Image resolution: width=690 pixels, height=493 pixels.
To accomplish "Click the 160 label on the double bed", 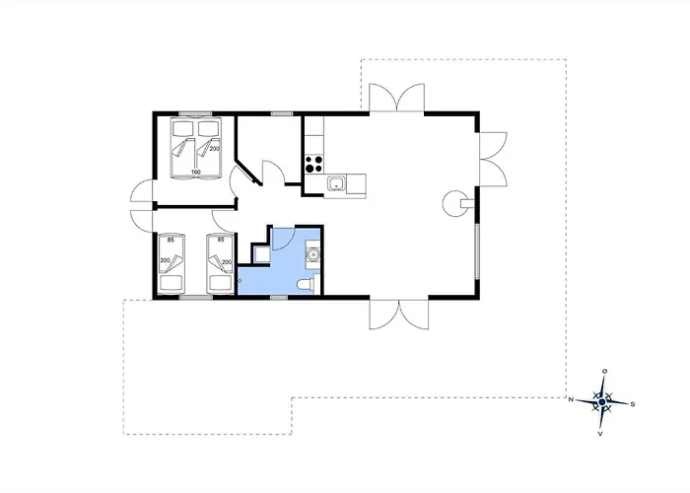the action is pos(196,172).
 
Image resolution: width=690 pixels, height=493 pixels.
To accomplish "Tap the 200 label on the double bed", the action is pos(214,149).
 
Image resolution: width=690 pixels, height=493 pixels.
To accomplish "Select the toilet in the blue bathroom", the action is pos(308,284).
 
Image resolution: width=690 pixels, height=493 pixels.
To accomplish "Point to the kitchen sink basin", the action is pos(337,182).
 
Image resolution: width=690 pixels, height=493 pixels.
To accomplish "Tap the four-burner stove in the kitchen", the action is pos(314,165).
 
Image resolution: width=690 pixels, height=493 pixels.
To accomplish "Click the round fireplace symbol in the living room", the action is pos(455,203).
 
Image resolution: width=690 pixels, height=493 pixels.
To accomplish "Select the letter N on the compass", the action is pos(571,399).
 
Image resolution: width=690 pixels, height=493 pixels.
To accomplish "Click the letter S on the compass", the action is pos(633,404).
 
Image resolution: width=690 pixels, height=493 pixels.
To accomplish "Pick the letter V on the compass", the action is pos(599,434).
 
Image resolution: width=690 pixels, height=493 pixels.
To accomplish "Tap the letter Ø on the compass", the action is pos(605,372).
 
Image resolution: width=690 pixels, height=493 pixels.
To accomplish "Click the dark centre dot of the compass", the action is pos(602,402).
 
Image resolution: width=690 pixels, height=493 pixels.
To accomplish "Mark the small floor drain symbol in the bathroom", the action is pos(240,280).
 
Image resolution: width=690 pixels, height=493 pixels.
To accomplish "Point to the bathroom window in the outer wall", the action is pos(279,298).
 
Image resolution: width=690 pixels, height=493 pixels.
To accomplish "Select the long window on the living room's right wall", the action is pos(476,250).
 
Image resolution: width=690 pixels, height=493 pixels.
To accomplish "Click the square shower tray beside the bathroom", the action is pos(261,254).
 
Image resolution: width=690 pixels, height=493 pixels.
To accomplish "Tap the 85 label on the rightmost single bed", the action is pos(221,240).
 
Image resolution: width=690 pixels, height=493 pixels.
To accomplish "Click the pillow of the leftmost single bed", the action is pos(172,282).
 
